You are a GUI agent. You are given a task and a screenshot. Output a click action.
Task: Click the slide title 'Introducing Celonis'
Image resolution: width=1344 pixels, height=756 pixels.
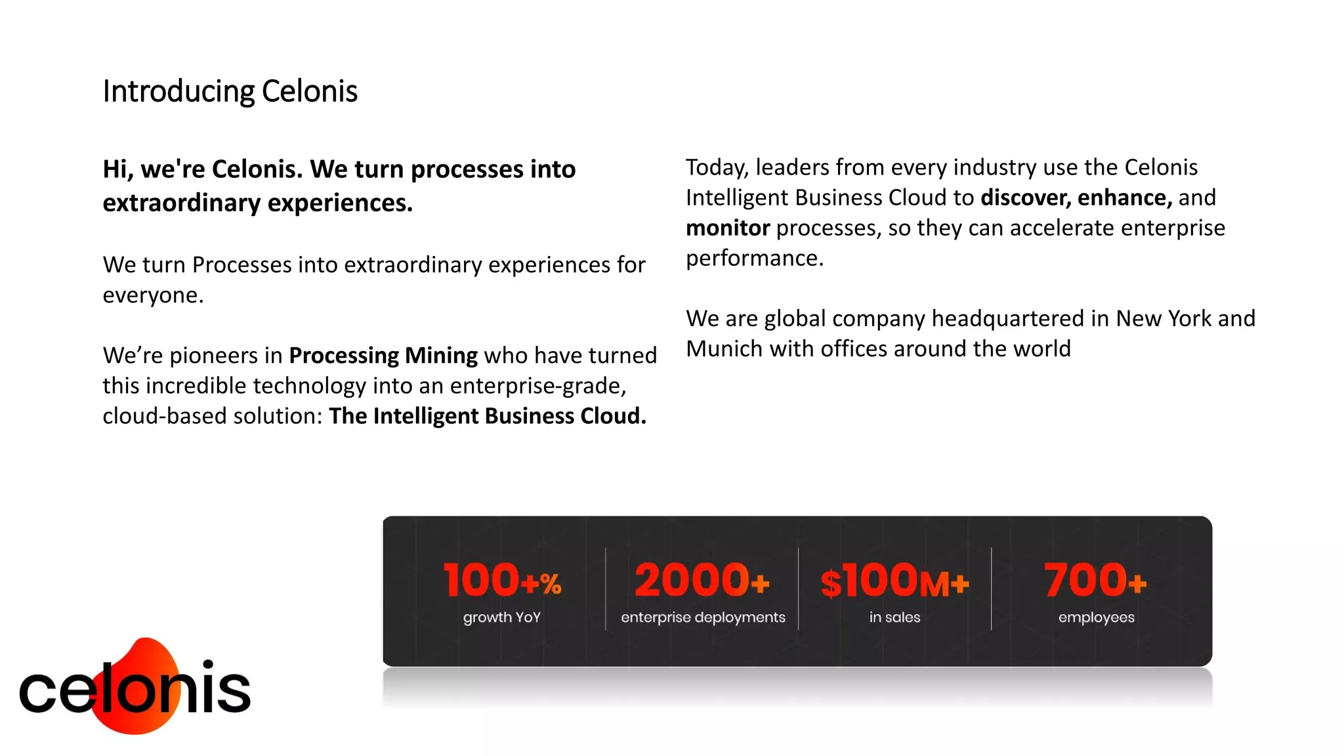(x=230, y=91)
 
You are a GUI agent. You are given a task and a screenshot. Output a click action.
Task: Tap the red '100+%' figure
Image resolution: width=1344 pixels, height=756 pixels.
(x=502, y=580)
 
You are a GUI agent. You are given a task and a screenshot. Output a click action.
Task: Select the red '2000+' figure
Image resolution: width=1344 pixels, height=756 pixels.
(x=702, y=580)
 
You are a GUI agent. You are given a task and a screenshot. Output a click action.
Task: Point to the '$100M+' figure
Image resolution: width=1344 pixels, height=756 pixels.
(x=894, y=581)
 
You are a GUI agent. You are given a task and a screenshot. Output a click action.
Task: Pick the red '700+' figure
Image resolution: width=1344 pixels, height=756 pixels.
(x=1095, y=580)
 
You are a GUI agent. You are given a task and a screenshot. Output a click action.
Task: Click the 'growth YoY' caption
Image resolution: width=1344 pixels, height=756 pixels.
(x=502, y=618)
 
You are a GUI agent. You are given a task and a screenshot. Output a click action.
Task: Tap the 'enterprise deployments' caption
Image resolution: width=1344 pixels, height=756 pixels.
(x=703, y=618)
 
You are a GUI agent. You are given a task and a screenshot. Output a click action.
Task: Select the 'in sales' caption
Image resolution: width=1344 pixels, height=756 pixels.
(x=894, y=618)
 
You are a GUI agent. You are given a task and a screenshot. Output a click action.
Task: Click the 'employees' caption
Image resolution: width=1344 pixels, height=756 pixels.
(x=1096, y=618)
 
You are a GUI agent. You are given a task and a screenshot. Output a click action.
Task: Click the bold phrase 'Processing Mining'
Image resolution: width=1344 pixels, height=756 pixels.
(x=383, y=356)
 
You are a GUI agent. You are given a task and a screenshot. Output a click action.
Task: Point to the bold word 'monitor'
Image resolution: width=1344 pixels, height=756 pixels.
(x=728, y=228)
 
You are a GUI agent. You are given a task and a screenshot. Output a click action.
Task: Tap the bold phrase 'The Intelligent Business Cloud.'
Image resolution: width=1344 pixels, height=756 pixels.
(x=488, y=416)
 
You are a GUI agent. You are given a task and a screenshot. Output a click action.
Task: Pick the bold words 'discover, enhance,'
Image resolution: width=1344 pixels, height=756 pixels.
(x=1076, y=198)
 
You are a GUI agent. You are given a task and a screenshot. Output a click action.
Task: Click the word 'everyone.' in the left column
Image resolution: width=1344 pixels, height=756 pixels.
(x=153, y=295)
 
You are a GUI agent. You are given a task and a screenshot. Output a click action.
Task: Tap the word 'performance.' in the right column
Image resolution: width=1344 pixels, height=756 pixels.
(x=755, y=259)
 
